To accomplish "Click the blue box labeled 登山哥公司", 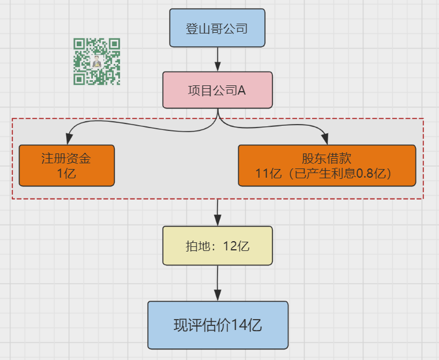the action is pyautogui.click(x=217, y=28).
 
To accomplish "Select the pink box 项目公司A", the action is pyautogui.click(x=217, y=90).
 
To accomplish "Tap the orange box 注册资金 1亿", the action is pyautogui.click(x=67, y=166).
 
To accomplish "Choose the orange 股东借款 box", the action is pyautogui.click(x=327, y=166).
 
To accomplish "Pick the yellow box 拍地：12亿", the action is pyautogui.click(x=217, y=246).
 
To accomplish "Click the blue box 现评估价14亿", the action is pyautogui.click(x=218, y=325).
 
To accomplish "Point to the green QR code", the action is pyautogui.click(x=97, y=61).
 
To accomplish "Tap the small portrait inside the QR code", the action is pyautogui.click(x=97, y=62).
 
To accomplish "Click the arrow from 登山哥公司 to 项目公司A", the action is pyautogui.click(x=217, y=59).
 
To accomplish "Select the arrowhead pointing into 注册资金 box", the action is pyautogui.click(x=69, y=138).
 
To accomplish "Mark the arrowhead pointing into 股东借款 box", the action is pyautogui.click(x=325, y=139).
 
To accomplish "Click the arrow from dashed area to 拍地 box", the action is pyautogui.click(x=217, y=212).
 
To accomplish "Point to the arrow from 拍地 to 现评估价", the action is pyautogui.click(x=217, y=283).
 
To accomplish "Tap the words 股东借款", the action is pyautogui.click(x=327, y=159).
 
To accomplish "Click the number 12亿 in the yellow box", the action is pyautogui.click(x=236, y=246).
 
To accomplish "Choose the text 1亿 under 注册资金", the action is pyautogui.click(x=66, y=174).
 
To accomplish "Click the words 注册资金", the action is pyautogui.click(x=66, y=159).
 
